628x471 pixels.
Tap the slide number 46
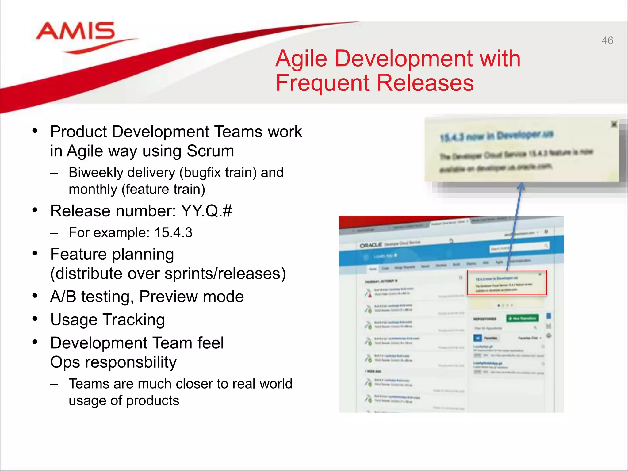click(x=607, y=40)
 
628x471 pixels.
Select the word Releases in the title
click(x=425, y=83)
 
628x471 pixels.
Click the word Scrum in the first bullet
click(x=210, y=151)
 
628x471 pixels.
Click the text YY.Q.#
click(x=206, y=211)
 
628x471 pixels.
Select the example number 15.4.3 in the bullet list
click(x=173, y=233)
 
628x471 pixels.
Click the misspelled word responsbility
click(x=131, y=362)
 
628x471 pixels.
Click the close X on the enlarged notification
click(x=614, y=124)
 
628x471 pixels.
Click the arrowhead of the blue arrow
click(x=521, y=186)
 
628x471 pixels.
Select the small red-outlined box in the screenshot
click(x=507, y=282)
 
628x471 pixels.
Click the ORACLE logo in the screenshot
click(x=371, y=245)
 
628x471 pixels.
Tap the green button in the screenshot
click(x=522, y=318)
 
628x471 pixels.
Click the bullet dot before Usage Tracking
click(x=35, y=319)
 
